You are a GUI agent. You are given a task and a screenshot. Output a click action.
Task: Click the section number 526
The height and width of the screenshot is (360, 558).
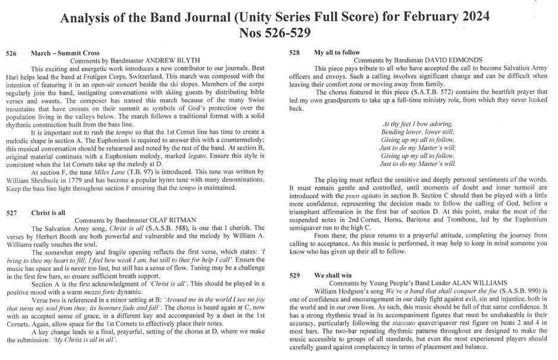[11, 53]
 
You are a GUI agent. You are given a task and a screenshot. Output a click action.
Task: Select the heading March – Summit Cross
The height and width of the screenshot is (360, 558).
[65, 53]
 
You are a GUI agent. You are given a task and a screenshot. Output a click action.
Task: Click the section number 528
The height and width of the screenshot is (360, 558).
[294, 53]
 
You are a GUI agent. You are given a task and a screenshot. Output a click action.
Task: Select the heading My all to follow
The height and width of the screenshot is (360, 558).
[337, 53]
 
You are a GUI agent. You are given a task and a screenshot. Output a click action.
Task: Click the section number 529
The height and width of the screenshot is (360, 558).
[294, 276]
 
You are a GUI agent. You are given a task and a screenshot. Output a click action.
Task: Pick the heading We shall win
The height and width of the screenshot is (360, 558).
[334, 276]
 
